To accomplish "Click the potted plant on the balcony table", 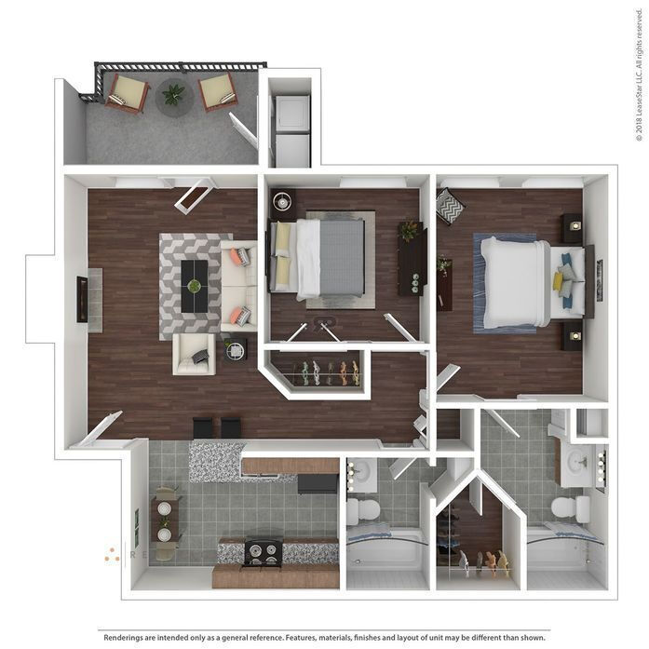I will click(x=173, y=93).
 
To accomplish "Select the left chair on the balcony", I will click(x=127, y=93).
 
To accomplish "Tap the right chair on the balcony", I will click(x=217, y=91).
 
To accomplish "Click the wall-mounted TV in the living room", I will click(x=82, y=299).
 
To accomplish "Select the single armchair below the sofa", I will click(x=194, y=354).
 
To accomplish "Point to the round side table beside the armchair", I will click(x=235, y=351).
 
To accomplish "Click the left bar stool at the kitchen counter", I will click(x=202, y=427).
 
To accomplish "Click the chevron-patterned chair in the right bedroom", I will click(x=450, y=206).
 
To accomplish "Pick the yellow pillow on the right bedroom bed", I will click(x=558, y=280).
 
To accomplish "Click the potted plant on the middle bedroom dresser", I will click(x=408, y=230).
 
